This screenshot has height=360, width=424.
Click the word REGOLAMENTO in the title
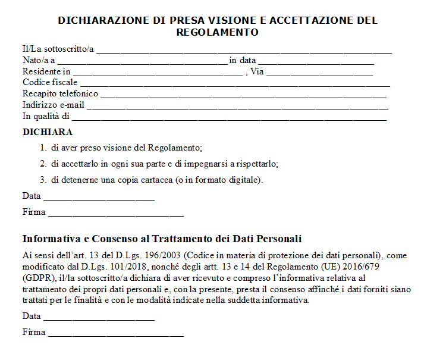click(218, 32)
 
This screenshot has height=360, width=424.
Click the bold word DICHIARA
click(48, 132)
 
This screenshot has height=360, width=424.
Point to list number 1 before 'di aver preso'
click(43, 148)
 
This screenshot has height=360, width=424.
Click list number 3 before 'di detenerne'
click(43, 179)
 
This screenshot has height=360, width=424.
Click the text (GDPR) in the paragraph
click(37, 278)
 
